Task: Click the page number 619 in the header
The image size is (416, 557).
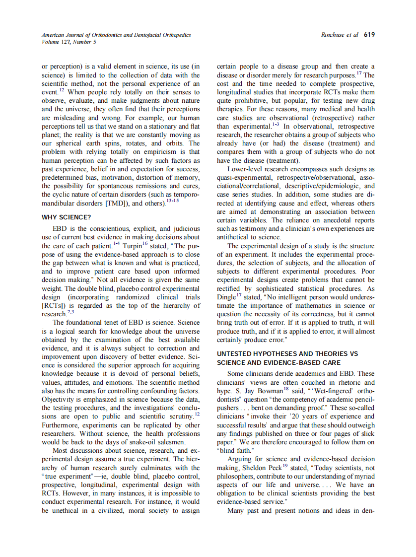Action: click(369, 35)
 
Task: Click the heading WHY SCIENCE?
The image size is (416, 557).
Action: click(66, 217)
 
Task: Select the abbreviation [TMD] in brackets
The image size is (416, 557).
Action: click(117, 204)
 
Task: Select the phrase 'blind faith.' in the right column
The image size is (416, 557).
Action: click(236, 451)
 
